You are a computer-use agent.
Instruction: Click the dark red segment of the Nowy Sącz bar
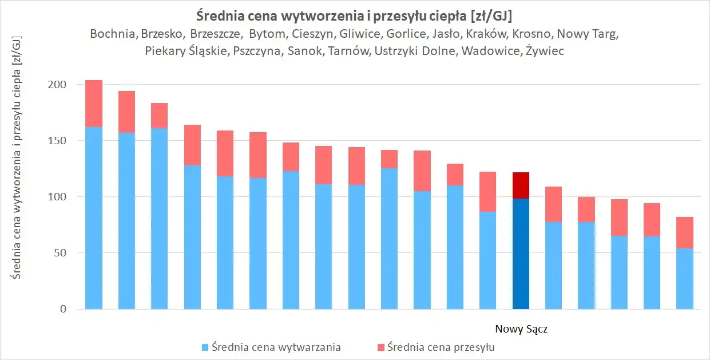(521, 185)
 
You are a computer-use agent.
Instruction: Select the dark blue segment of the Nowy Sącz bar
(521, 254)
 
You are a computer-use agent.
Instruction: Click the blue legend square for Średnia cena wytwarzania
(205, 347)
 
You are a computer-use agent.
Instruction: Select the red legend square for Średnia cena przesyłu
(381, 347)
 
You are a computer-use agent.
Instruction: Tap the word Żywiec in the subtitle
(545, 52)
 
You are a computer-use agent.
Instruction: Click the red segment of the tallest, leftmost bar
(94, 104)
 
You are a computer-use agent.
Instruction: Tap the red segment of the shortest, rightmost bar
(685, 232)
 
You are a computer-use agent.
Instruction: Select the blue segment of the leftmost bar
(94, 217)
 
